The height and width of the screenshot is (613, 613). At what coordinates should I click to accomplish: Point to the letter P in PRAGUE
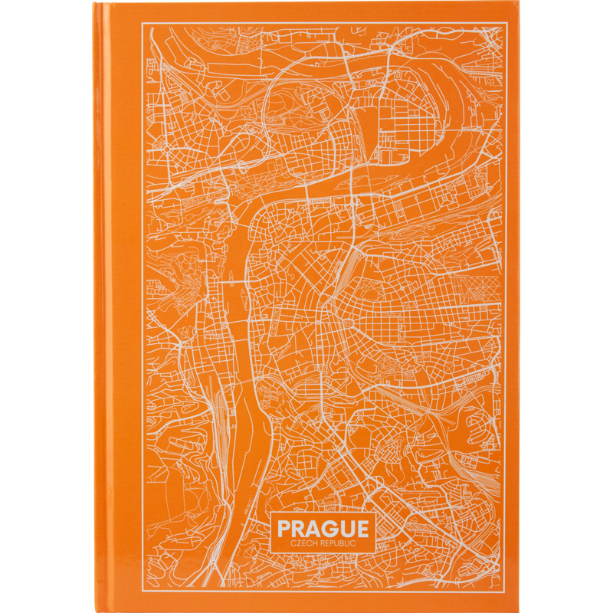pyautogui.click(x=284, y=529)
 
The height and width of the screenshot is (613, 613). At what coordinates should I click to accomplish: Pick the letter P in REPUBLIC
pyautogui.click(x=335, y=543)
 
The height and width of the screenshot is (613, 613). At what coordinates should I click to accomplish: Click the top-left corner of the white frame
pyautogui.click(x=143, y=25)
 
